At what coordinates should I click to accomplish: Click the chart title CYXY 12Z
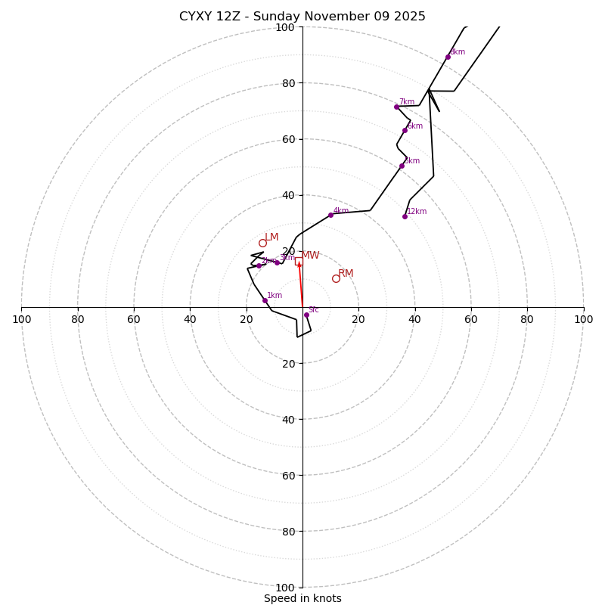(x=302, y=17)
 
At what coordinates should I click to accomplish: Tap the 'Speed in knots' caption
(x=302, y=598)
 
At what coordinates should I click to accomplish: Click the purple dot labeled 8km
(x=448, y=57)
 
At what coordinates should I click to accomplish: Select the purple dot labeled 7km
(x=396, y=107)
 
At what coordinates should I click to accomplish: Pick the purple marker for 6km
(x=405, y=130)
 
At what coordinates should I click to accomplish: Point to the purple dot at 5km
(x=402, y=166)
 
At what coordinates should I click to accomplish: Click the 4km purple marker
(x=330, y=215)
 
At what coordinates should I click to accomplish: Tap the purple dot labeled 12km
(x=405, y=216)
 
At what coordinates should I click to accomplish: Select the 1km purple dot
(x=265, y=300)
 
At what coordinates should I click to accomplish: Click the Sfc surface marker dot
(x=306, y=315)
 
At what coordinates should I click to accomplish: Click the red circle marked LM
(x=262, y=243)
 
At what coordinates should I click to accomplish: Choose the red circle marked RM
(x=336, y=278)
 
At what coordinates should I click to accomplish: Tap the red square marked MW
(x=299, y=261)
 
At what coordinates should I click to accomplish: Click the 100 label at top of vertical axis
(x=285, y=27)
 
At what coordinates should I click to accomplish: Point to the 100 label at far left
(x=21, y=319)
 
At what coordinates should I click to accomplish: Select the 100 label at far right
(x=583, y=319)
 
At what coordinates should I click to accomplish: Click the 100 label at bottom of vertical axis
(x=285, y=588)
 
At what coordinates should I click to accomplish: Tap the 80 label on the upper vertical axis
(x=287, y=83)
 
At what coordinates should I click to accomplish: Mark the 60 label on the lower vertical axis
(x=287, y=475)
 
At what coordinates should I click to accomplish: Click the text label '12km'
(x=417, y=212)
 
